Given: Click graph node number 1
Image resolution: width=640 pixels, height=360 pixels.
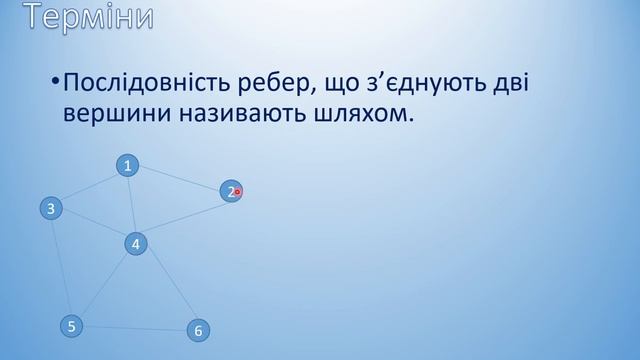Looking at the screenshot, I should pyautogui.click(x=128, y=166).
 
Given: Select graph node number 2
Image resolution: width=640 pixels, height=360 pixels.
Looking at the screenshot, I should pyautogui.click(x=230, y=191).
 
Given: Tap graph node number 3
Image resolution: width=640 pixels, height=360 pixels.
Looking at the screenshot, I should pyautogui.click(x=50, y=208).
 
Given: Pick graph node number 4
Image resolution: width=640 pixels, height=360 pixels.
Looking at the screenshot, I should pyautogui.click(x=136, y=243).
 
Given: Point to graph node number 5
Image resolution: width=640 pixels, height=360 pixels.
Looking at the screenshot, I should pyautogui.click(x=70, y=325).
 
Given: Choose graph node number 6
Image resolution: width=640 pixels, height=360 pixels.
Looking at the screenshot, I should pyautogui.click(x=198, y=330).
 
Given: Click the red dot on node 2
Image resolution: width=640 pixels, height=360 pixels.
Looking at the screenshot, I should pyautogui.click(x=238, y=192).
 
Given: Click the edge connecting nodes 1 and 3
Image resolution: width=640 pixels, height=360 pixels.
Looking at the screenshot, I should pyautogui.click(x=89, y=187).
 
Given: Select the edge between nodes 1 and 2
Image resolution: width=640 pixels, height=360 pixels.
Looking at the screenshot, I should pyautogui.click(x=179, y=178).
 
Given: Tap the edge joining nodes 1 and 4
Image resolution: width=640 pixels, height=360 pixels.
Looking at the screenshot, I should pyautogui.click(x=132, y=205).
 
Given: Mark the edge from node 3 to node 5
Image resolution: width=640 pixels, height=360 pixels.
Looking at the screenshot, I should pyautogui.click(x=60, y=267).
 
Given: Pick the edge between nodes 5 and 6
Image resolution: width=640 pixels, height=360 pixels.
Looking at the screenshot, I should pyautogui.click(x=134, y=328).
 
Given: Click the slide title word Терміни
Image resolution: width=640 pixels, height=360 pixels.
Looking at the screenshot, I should pyautogui.click(x=89, y=17).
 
